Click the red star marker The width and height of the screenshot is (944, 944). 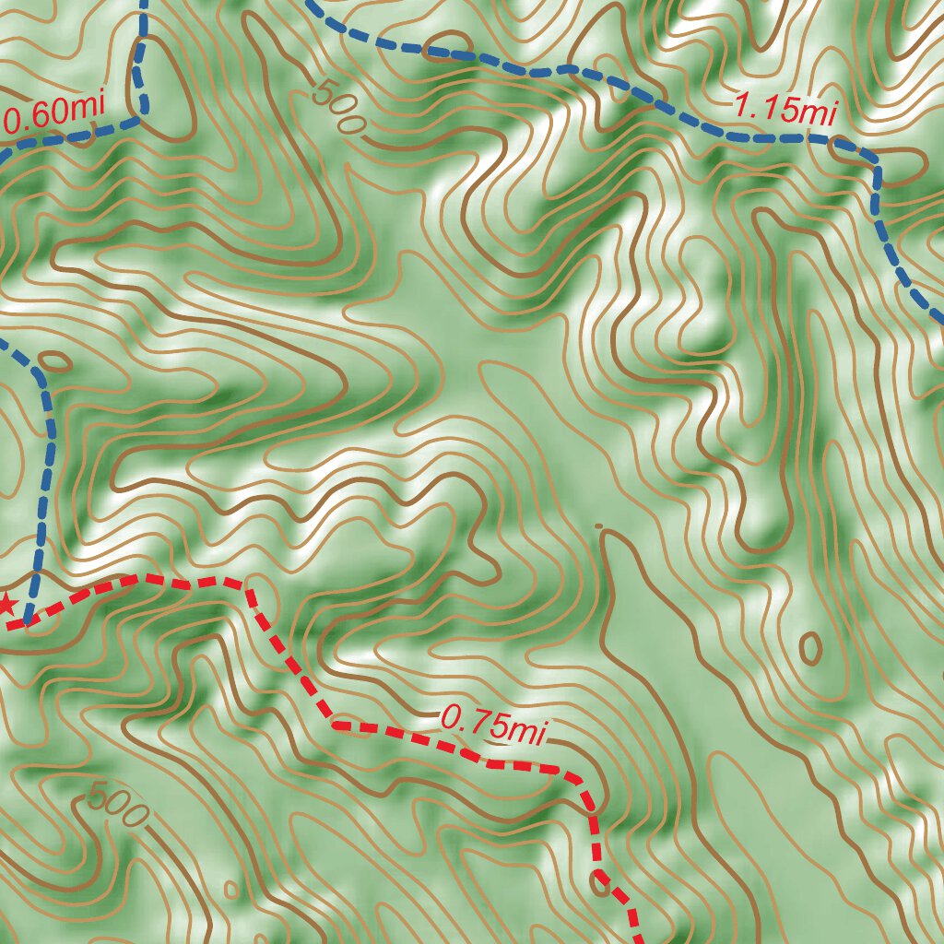[6, 605]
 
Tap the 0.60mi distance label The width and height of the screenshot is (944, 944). [53, 113]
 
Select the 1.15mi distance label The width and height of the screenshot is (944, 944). [785, 111]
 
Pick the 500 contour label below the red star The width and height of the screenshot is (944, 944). [118, 805]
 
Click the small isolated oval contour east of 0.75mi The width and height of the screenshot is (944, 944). [811, 649]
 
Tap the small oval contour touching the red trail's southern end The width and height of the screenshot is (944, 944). [601, 885]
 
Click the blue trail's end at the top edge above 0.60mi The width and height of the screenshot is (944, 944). [144, 4]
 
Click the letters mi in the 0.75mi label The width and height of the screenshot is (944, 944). [528, 731]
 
